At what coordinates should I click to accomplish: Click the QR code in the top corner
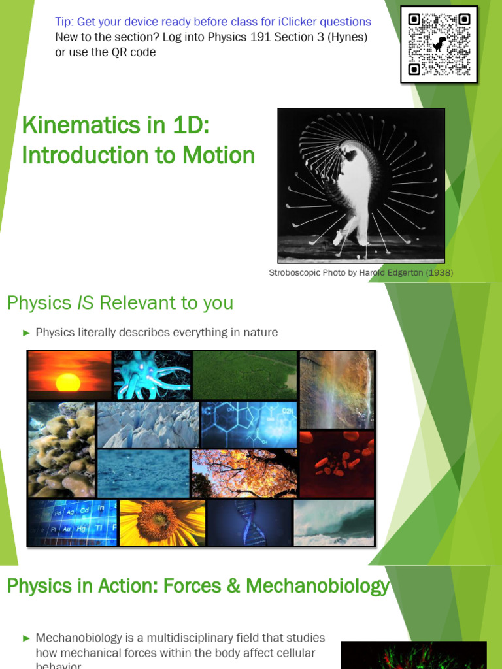(x=439, y=44)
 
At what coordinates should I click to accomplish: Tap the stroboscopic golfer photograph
(x=361, y=186)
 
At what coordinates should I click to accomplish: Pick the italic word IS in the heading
(x=87, y=303)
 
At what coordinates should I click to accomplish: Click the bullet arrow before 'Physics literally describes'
(x=27, y=333)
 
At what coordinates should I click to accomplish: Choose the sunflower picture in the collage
(x=161, y=523)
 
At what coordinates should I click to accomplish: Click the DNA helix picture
(x=249, y=523)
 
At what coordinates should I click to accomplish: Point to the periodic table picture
(x=72, y=523)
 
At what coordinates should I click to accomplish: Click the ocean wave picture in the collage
(x=333, y=523)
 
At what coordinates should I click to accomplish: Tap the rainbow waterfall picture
(x=337, y=389)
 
